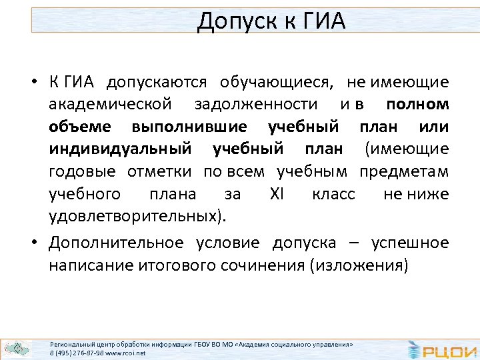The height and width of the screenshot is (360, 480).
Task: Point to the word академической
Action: click(110, 105)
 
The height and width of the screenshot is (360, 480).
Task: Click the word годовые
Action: click(82, 172)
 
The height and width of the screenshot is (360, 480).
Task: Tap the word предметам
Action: click(404, 172)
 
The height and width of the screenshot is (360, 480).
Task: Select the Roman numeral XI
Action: click(277, 195)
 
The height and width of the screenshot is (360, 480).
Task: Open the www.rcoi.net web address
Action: click(125, 353)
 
